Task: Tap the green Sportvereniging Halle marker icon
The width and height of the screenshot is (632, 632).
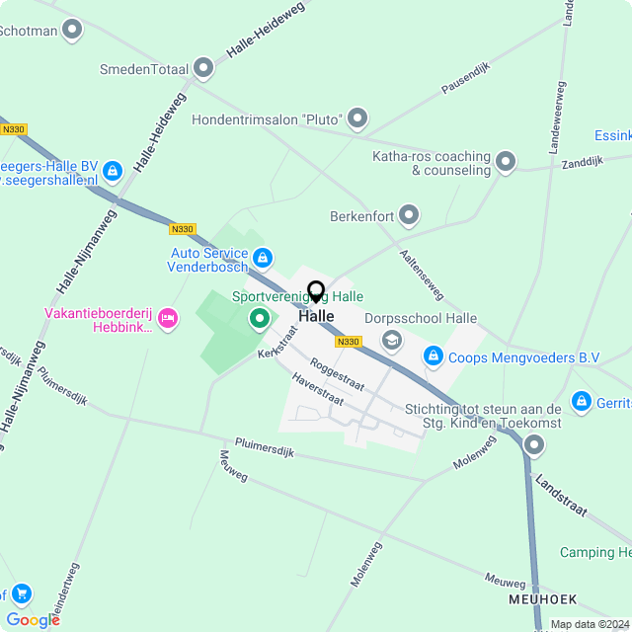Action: pos(260,318)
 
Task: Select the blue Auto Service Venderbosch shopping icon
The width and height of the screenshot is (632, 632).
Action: pos(262,259)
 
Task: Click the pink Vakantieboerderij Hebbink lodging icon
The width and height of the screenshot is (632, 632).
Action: pos(167,317)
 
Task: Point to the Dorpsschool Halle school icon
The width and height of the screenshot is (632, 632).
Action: pos(392,340)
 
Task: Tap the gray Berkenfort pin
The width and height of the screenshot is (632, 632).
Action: pos(408,215)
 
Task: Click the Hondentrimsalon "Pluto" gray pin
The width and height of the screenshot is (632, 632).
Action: pos(357,120)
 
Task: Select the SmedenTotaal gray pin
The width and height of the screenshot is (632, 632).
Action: pos(203,68)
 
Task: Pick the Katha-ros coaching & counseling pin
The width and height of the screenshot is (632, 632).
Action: pos(506,161)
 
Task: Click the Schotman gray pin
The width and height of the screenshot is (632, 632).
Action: pos(71,31)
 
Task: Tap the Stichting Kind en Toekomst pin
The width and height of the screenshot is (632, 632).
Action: pos(534,445)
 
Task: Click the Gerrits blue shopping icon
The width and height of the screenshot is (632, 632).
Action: pos(582,402)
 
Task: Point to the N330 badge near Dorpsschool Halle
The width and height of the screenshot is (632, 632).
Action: pos(348,342)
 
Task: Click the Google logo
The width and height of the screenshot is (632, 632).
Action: pos(33,619)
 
